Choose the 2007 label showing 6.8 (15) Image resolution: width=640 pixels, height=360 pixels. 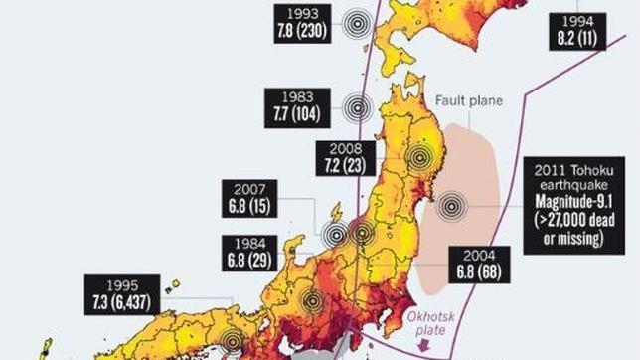(x=249, y=197)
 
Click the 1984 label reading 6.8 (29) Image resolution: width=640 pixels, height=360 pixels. (x=249, y=253)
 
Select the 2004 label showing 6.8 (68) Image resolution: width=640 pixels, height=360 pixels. (x=479, y=264)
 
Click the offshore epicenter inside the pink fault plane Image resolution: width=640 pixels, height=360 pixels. (x=452, y=206)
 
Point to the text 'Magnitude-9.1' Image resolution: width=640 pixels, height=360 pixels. (x=573, y=203)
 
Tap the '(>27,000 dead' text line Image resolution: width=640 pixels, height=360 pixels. (x=574, y=220)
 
